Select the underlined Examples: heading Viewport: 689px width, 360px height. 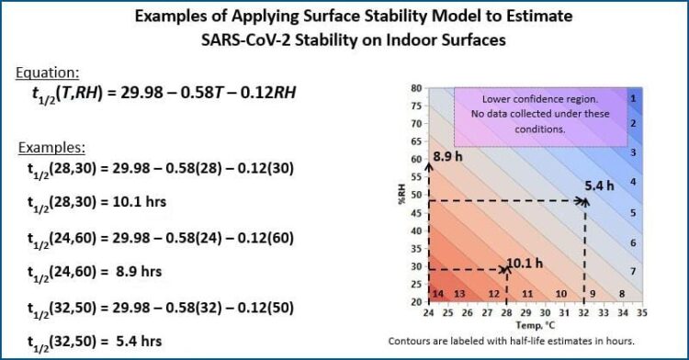(52, 147)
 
